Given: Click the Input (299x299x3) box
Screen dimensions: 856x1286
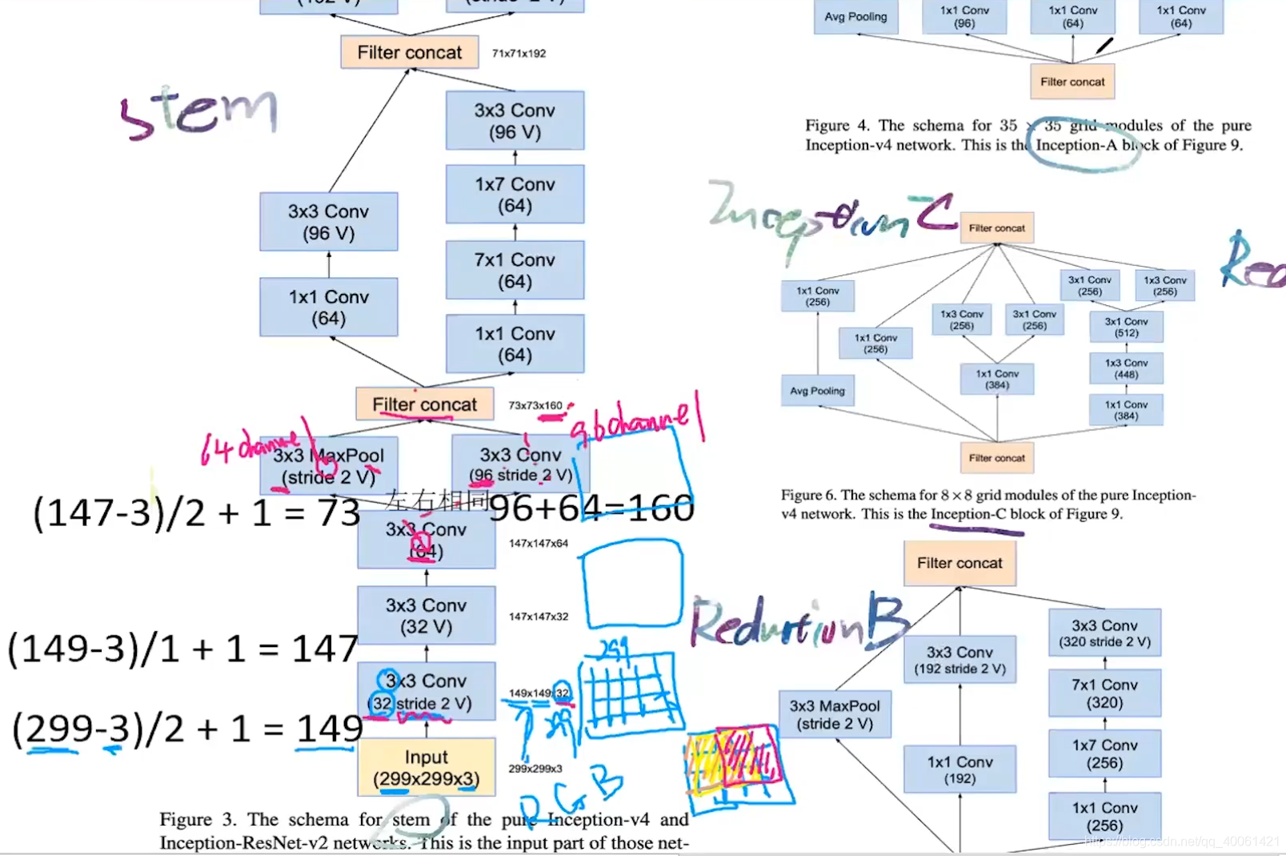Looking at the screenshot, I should point(426,767).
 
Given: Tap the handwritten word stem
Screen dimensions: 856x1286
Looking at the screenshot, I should point(198,112).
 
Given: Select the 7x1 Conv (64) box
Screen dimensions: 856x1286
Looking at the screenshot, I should point(515,271).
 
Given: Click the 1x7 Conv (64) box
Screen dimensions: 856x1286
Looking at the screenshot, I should point(515,195).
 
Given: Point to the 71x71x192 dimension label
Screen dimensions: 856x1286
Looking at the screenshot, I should point(519,54).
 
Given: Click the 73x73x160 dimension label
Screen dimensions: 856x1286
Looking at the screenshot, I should point(535,406).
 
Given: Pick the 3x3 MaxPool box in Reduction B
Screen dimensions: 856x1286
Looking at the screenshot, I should point(835,714).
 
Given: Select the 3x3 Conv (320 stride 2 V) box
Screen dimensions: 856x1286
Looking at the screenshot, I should point(1104,633).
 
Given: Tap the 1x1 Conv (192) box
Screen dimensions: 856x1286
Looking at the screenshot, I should point(959,770).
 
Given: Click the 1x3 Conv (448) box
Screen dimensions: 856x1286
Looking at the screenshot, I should point(1126,368).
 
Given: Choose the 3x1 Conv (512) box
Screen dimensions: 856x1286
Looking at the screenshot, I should point(1126,327).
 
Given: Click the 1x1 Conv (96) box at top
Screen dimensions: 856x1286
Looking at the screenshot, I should point(964,17).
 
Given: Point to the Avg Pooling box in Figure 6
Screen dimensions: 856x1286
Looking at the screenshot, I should point(817,391).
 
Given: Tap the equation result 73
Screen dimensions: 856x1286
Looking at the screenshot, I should point(339,513).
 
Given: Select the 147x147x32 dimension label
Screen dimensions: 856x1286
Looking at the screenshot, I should point(539,617).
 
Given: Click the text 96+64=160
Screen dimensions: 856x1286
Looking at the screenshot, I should point(591,508).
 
